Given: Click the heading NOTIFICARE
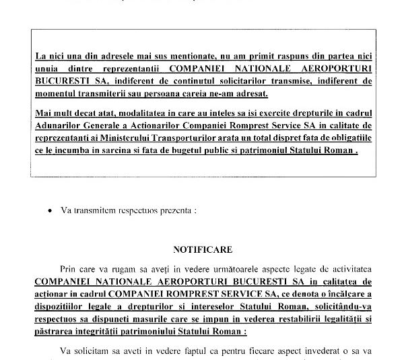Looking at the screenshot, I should pyautogui.click(x=203, y=249).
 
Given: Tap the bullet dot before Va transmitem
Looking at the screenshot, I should pyautogui.click(x=50, y=210).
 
